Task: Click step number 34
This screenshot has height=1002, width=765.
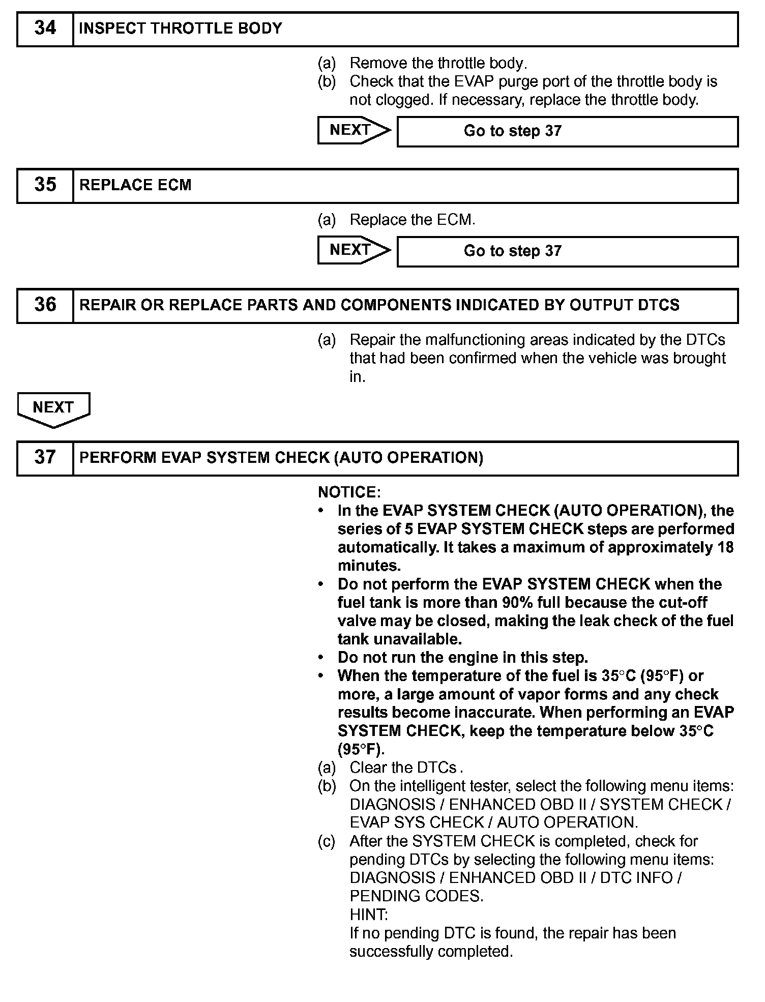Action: pos(45,28)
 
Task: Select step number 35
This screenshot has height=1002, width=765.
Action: pos(45,185)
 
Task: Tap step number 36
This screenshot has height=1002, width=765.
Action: pos(45,305)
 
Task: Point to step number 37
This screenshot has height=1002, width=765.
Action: pos(45,458)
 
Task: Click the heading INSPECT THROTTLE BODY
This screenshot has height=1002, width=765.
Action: pos(181,28)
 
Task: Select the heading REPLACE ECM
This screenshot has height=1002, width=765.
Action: pos(135,185)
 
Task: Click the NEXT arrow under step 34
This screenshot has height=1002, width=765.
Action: pos(354,130)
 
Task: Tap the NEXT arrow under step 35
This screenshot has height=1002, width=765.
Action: pos(354,250)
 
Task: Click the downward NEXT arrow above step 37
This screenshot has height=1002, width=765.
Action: pos(53,408)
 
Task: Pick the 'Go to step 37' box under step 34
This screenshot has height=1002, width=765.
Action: pos(567,131)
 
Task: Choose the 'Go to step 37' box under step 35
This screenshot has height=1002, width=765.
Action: pos(567,251)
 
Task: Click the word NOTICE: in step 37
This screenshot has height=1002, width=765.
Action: pos(349,492)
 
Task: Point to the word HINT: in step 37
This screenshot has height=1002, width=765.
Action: pos(369,915)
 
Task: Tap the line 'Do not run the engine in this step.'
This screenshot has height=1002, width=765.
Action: pos(462,658)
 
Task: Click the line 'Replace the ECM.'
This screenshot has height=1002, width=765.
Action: pos(412,220)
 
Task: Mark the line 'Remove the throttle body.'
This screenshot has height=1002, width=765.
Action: pos(438,64)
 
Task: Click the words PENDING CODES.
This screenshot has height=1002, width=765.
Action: pos(416,896)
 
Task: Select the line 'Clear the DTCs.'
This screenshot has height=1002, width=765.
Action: pos(406,768)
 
